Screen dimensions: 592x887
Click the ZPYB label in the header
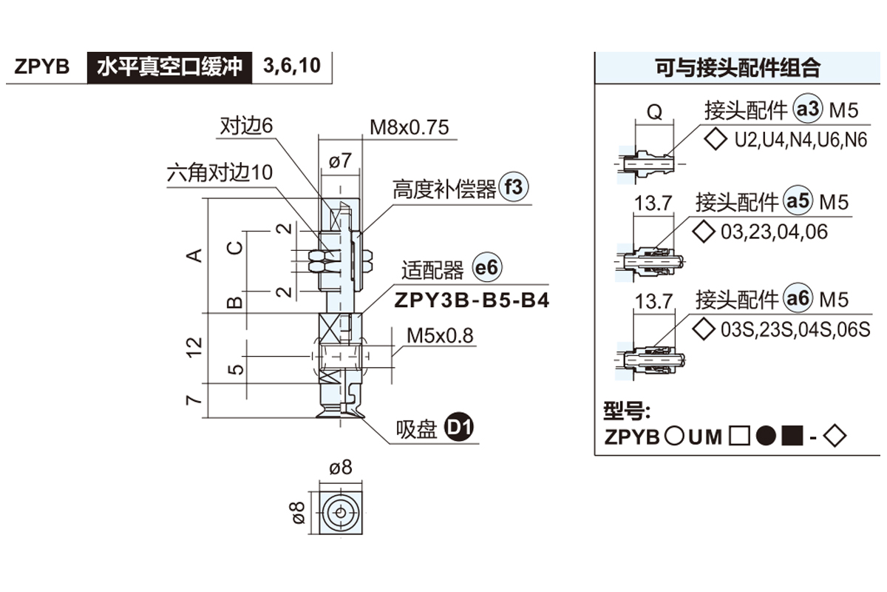point(42,67)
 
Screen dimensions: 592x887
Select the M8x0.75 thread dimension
point(409,127)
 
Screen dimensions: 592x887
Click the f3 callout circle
point(514,188)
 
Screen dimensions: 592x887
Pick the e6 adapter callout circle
point(488,269)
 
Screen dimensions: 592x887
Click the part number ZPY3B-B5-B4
point(472,301)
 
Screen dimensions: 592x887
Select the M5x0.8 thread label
point(440,336)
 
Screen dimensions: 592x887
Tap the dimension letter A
point(194,255)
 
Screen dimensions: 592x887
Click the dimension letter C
point(234,246)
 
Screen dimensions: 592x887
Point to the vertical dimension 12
point(194,347)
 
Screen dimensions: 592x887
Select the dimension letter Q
point(654,112)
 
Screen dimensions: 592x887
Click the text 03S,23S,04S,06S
point(795,329)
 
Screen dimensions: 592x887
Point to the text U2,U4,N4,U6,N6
point(801,139)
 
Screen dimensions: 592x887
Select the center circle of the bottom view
point(340,511)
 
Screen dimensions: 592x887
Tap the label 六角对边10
point(220,172)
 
